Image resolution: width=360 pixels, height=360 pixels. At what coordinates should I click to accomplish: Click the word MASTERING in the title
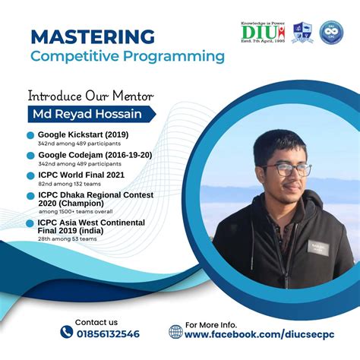[93, 36]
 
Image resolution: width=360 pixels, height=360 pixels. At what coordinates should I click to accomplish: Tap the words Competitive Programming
[128, 55]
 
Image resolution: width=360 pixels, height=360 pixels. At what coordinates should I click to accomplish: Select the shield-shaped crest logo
[302, 33]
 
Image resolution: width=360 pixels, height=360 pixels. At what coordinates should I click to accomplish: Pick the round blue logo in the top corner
[331, 32]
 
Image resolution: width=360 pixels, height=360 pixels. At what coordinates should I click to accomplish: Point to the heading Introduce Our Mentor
[90, 96]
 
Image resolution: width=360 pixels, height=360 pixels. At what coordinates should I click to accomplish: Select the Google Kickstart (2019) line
[84, 134]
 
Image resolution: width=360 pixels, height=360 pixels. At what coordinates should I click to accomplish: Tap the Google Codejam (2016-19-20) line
[94, 155]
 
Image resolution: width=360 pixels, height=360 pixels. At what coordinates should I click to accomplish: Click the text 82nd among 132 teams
[69, 183]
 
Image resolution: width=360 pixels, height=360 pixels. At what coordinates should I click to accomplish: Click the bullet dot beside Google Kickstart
[30, 135]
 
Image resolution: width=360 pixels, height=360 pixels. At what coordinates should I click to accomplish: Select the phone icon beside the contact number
[67, 332]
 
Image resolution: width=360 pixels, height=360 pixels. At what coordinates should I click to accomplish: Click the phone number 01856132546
[107, 333]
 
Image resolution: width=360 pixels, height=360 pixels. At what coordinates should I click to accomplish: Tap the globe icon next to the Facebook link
[175, 332]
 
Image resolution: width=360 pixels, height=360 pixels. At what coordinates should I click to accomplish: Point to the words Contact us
[96, 321]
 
